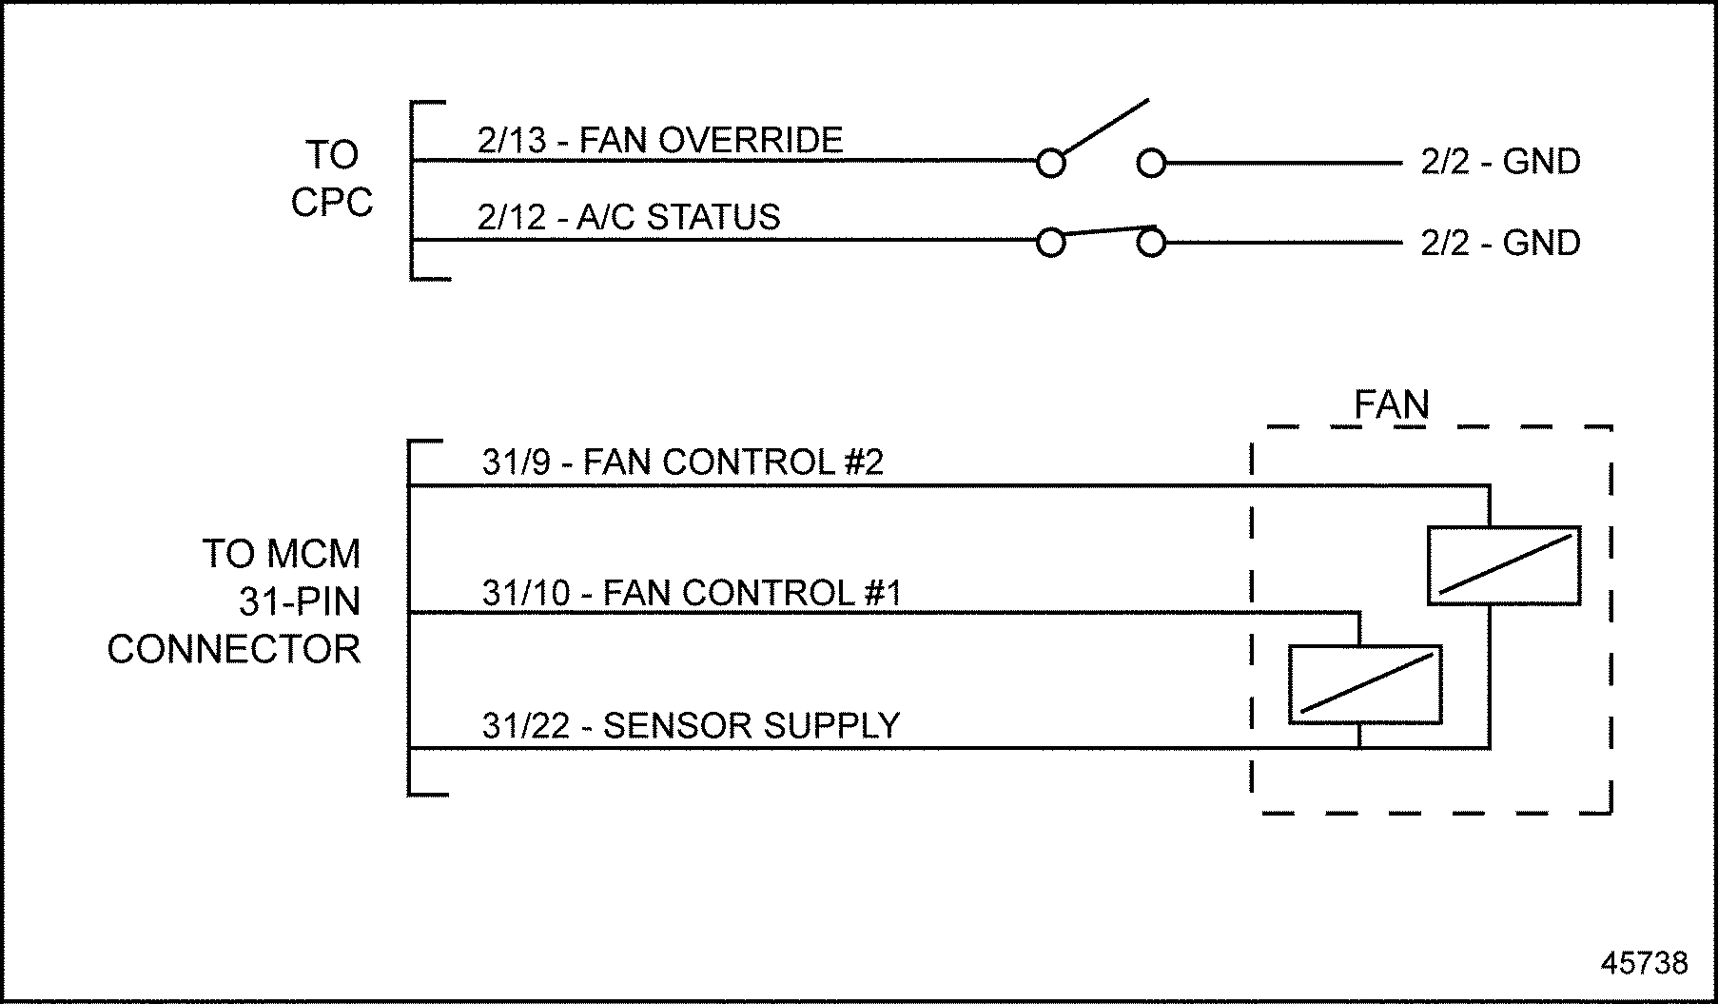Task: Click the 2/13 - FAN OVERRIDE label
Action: coord(659,141)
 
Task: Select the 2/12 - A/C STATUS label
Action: coord(628,218)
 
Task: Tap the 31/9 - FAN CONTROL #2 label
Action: coord(682,463)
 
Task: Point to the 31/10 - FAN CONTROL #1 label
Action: coord(691,594)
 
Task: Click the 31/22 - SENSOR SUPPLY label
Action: coord(690,726)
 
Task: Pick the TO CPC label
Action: coord(332,179)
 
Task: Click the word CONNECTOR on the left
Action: coord(234,650)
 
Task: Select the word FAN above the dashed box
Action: coord(1391,406)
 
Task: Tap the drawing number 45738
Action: coord(1644,963)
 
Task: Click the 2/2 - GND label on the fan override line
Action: coord(1500,162)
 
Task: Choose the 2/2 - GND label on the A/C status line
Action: coord(1500,244)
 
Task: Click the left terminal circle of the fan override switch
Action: coord(1050,164)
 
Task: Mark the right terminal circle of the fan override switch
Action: coord(1151,164)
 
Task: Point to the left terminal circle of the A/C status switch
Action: coord(1050,244)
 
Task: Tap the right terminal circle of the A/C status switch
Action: coord(1151,244)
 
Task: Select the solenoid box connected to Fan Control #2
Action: coord(1504,565)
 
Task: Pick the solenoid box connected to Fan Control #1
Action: coord(1365,685)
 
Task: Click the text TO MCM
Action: coord(282,554)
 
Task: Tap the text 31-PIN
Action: coord(300,602)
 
